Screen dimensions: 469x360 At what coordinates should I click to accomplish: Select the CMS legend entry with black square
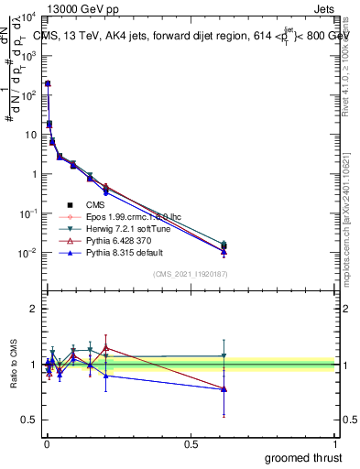[95, 205]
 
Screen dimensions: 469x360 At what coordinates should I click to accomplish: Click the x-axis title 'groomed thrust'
[302, 457]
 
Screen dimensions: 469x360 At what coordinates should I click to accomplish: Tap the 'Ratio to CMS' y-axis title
[12, 365]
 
